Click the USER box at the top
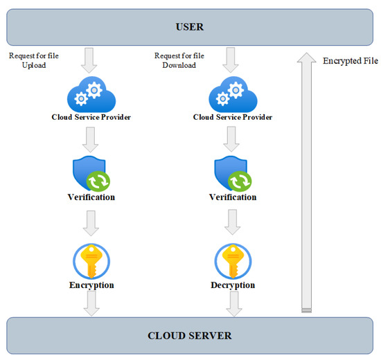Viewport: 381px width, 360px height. tap(190, 27)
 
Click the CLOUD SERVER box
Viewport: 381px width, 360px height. tap(190, 336)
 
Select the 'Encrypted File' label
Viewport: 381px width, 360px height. tap(350, 61)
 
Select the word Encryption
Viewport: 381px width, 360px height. tap(91, 285)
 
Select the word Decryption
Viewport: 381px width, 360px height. tap(233, 285)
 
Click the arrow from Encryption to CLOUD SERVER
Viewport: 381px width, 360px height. tap(91, 302)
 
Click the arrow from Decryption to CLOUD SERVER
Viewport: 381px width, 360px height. tap(232, 302)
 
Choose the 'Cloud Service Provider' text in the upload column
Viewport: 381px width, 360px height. tap(91, 117)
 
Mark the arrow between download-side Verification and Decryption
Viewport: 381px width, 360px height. tap(232, 222)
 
